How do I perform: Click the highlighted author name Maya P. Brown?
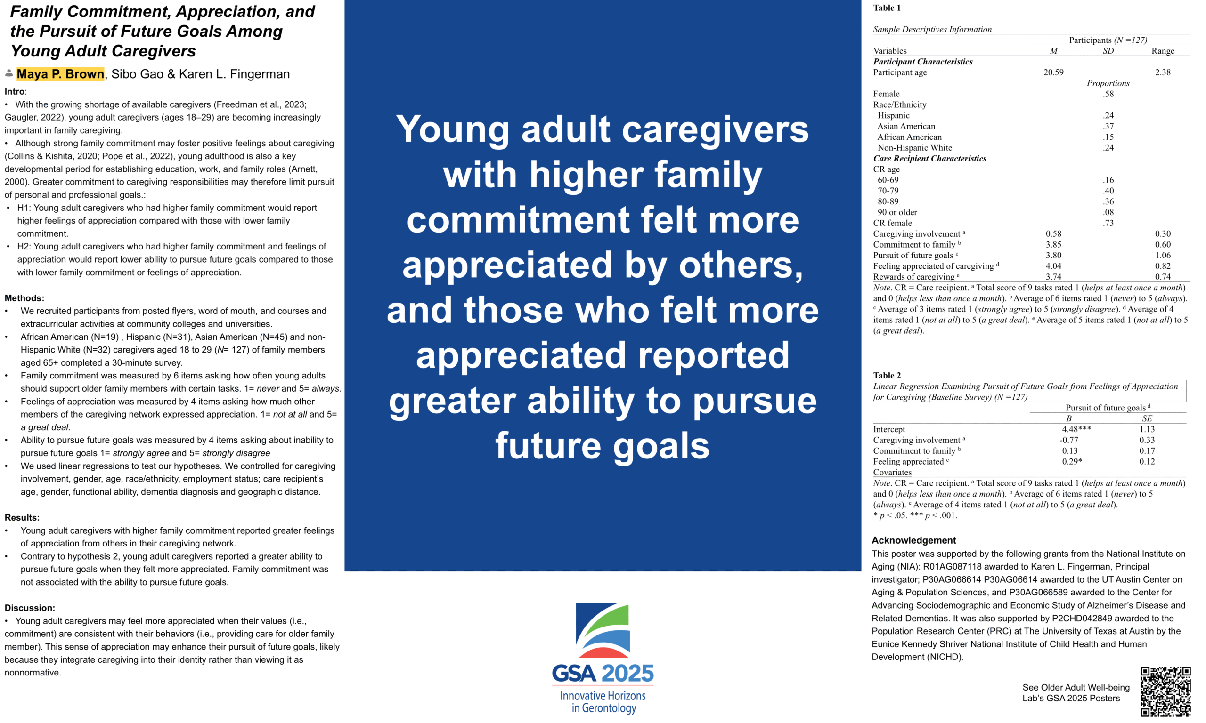[60, 74]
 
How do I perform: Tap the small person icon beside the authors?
[9, 73]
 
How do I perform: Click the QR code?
[1165, 692]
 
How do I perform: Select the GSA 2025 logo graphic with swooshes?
[603, 631]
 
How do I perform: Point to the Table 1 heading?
[887, 8]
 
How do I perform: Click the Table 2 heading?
[887, 375]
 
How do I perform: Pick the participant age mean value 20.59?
[1053, 72]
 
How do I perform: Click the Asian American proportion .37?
[1108, 126]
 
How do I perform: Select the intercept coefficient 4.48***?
[1076, 429]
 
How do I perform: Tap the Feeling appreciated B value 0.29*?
[1072, 461]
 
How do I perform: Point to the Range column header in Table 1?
[1163, 51]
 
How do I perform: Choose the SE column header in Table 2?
[1147, 418]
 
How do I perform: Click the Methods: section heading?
[24, 298]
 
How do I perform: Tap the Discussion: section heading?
[30, 608]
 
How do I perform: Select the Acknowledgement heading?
[913, 540]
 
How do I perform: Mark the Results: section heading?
[22, 517]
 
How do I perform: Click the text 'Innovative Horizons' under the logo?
[603, 696]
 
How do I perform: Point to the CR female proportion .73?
[1108, 223]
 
